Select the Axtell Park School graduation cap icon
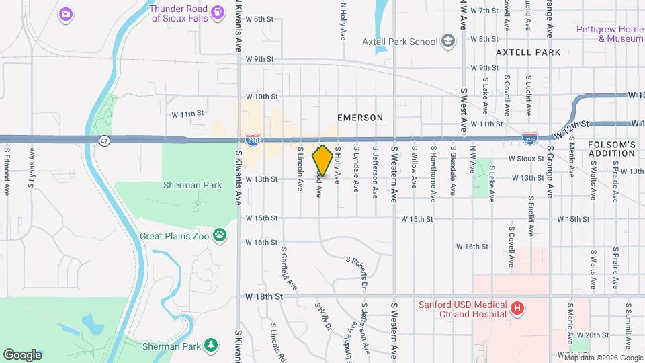(x=448, y=42)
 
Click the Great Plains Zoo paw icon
(x=219, y=235)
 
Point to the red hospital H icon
(x=517, y=309)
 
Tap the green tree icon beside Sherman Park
(x=212, y=346)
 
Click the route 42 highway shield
(x=103, y=140)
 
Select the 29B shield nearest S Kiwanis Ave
(x=253, y=140)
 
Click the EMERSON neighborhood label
(x=360, y=118)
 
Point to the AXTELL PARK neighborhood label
(x=527, y=52)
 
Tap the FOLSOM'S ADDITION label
(x=611, y=149)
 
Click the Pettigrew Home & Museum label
(x=610, y=34)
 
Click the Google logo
(x=22, y=354)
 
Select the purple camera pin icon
(x=65, y=13)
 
